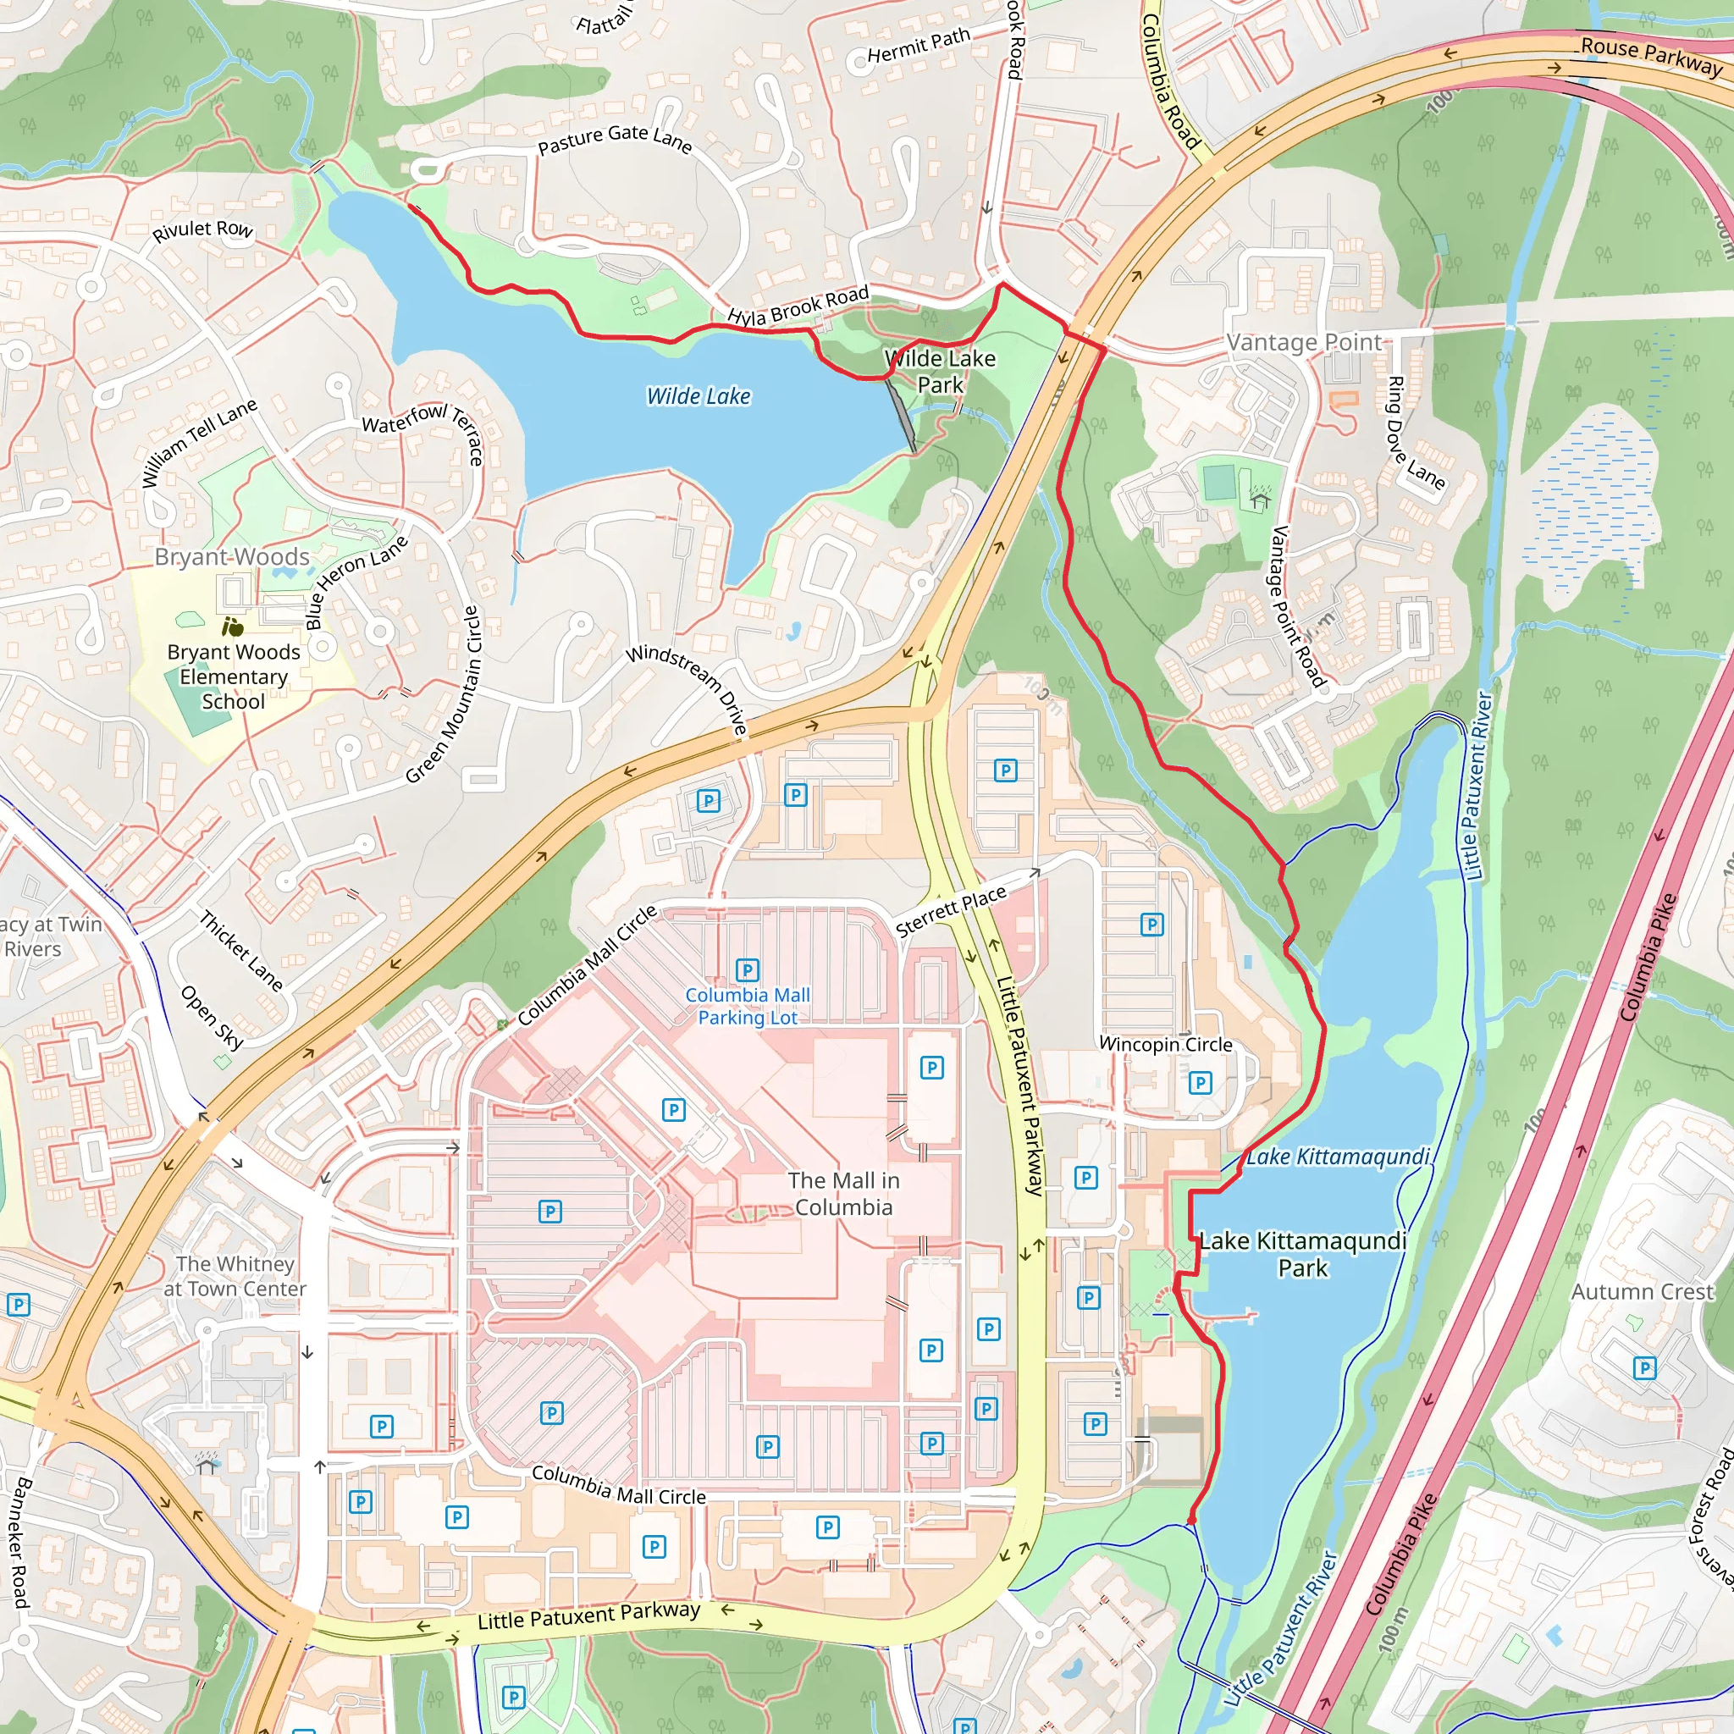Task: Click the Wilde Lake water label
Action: (699, 395)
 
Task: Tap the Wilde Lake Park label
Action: (940, 372)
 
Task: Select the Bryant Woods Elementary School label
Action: (234, 676)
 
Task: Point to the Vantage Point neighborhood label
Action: (1303, 342)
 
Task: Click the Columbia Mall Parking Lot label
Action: (748, 1006)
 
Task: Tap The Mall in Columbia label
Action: (842, 1194)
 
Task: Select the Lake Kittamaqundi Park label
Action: (1302, 1254)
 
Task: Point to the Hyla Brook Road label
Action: (798, 305)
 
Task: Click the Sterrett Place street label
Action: (952, 911)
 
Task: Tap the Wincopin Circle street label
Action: (1165, 1044)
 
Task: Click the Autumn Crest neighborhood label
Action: (1642, 1291)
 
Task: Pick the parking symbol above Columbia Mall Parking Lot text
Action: (747, 970)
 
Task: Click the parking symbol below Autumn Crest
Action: (1644, 1368)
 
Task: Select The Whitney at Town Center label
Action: (235, 1276)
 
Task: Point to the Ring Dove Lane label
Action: (1416, 434)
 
